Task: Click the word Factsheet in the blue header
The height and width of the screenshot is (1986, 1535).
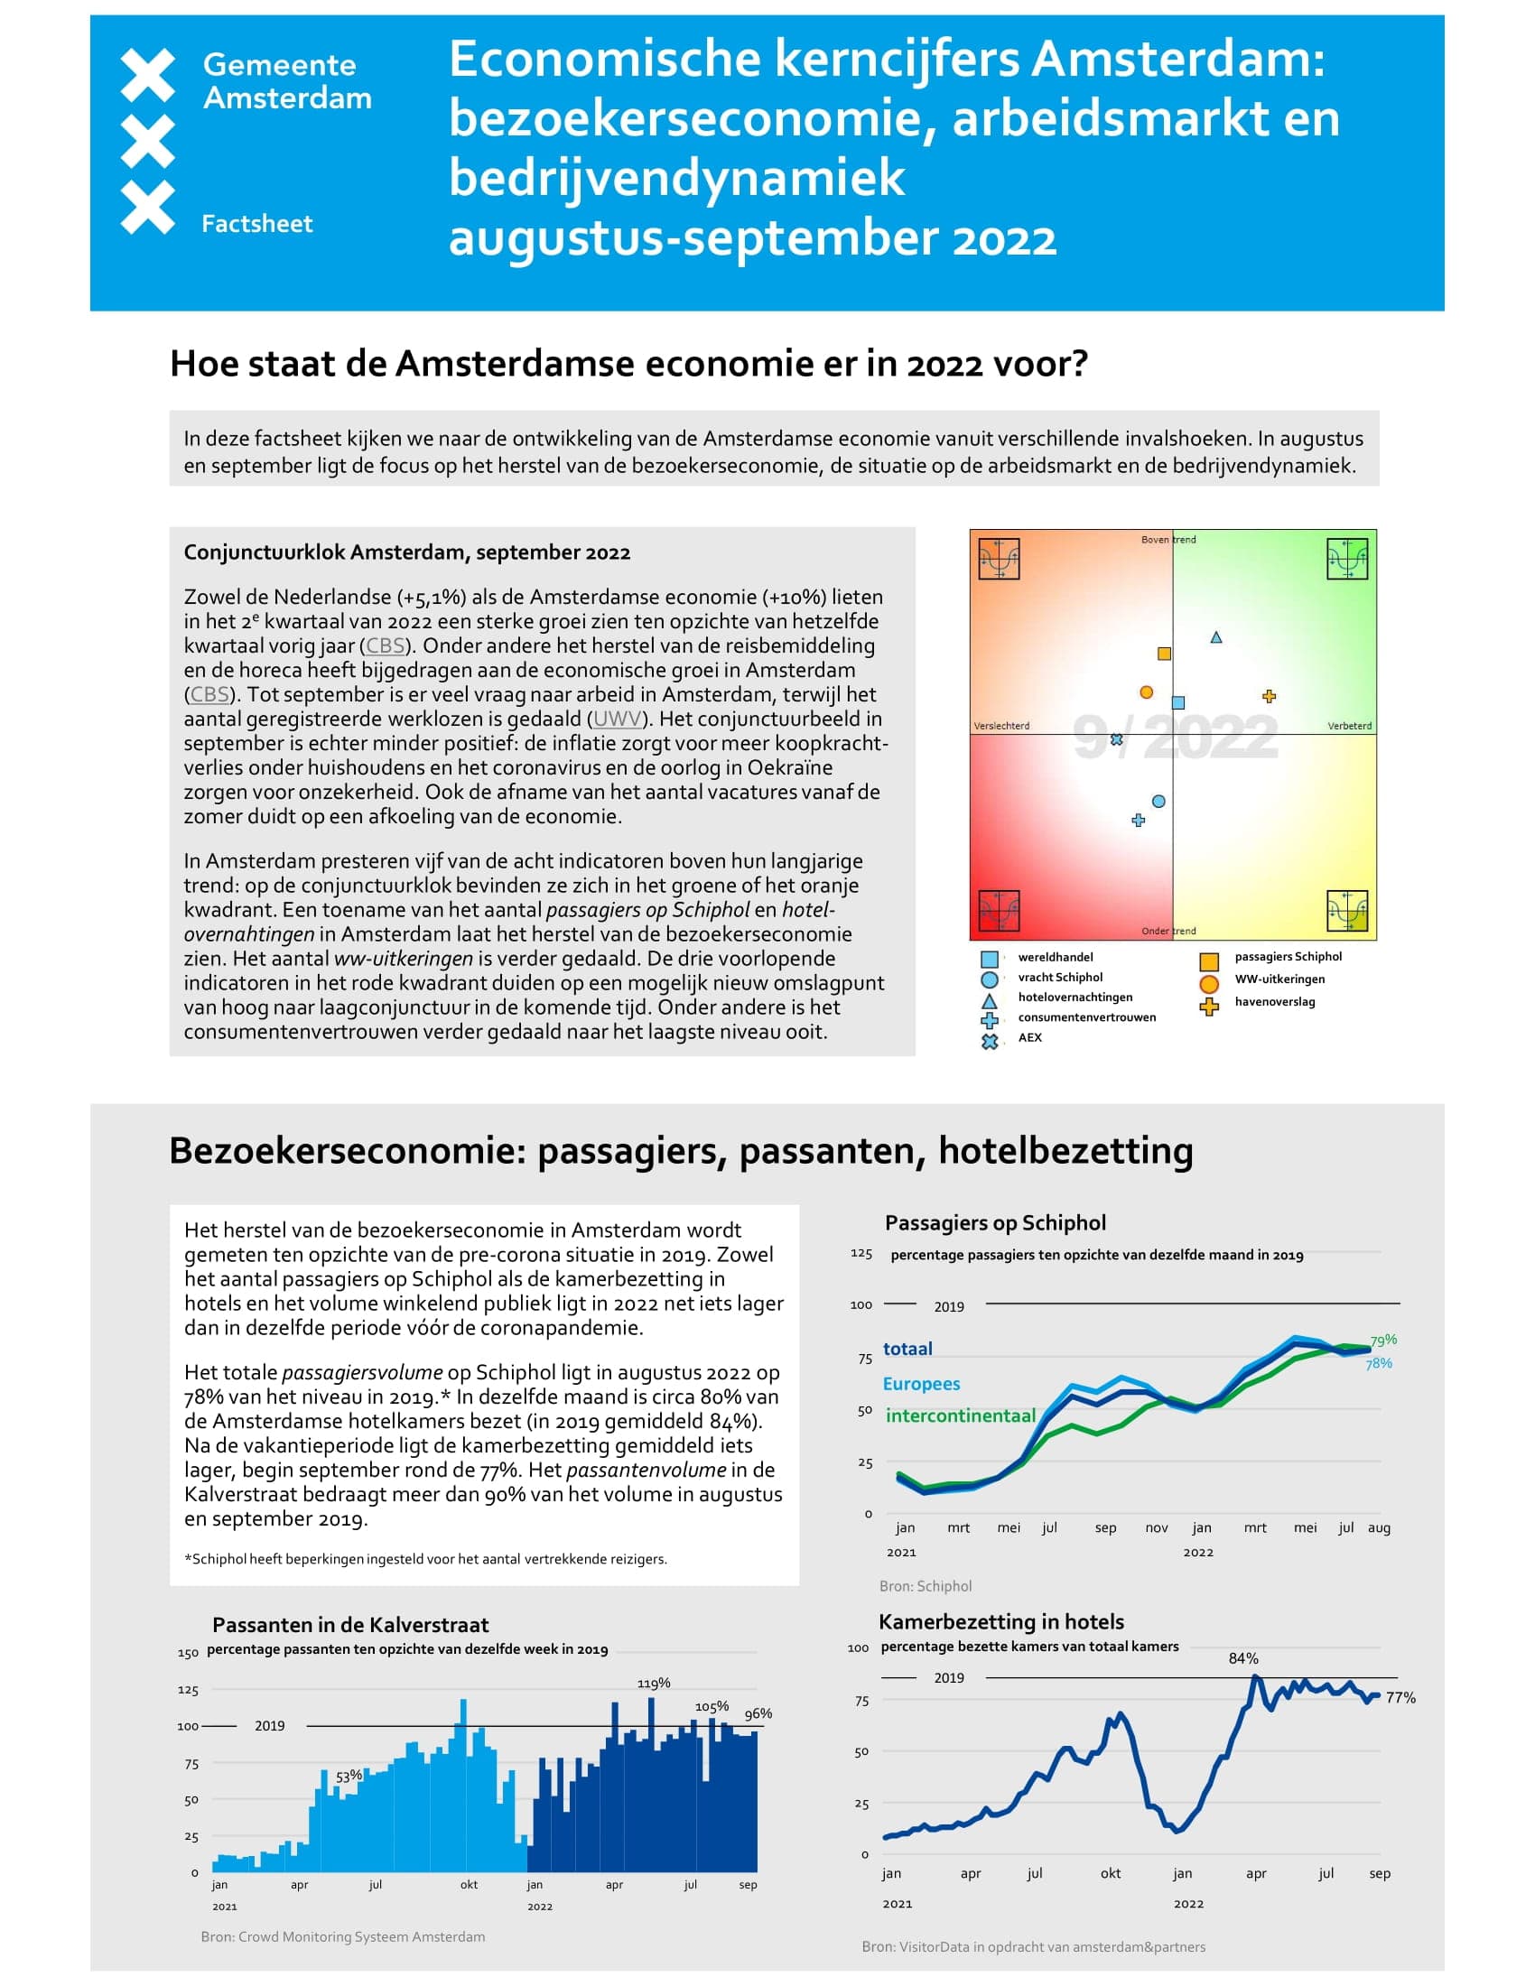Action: point(256,224)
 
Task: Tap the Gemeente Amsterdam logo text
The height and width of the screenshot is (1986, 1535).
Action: point(286,81)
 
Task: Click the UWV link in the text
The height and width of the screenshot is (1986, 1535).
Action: point(617,719)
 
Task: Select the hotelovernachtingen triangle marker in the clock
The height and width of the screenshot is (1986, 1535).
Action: point(1216,637)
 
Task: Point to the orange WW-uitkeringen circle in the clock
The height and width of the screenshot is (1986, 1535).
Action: point(1147,692)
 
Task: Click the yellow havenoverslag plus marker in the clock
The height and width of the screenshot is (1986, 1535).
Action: point(1269,697)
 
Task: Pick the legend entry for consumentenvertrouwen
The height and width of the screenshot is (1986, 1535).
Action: point(1085,1017)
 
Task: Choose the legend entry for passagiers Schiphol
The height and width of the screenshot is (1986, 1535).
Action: point(1287,957)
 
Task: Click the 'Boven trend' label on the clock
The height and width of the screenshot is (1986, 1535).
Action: point(1168,539)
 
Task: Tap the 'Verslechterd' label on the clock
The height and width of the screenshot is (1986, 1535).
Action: point(1001,726)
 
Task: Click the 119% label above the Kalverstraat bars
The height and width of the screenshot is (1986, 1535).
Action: point(653,1684)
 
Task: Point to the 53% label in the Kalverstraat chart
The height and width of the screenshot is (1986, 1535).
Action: point(349,1776)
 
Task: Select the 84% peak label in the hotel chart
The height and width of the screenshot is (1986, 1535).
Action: point(1243,1657)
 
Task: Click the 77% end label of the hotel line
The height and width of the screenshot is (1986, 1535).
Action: point(1400,1698)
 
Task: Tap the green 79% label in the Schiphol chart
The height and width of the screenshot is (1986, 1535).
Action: point(1383,1341)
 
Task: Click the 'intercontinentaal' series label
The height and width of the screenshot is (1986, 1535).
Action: point(961,1415)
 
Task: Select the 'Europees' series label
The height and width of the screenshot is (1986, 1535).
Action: point(921,1383)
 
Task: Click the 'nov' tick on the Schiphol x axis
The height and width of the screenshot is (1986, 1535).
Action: point(1156,1527)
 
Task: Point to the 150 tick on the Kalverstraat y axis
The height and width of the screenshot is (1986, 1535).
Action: point(187,1653)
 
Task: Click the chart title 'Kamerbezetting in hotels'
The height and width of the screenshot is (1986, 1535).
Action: point(1000,1621)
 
